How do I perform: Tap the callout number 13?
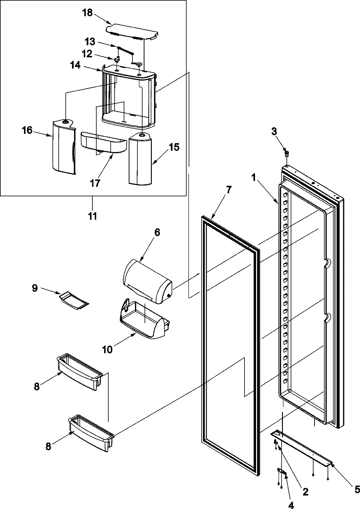[x=90, y=41]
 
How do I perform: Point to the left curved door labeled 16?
[x=63, y=147]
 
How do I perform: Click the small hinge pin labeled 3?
[x=287, y=155]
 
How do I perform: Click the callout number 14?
[x=75, y=65]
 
